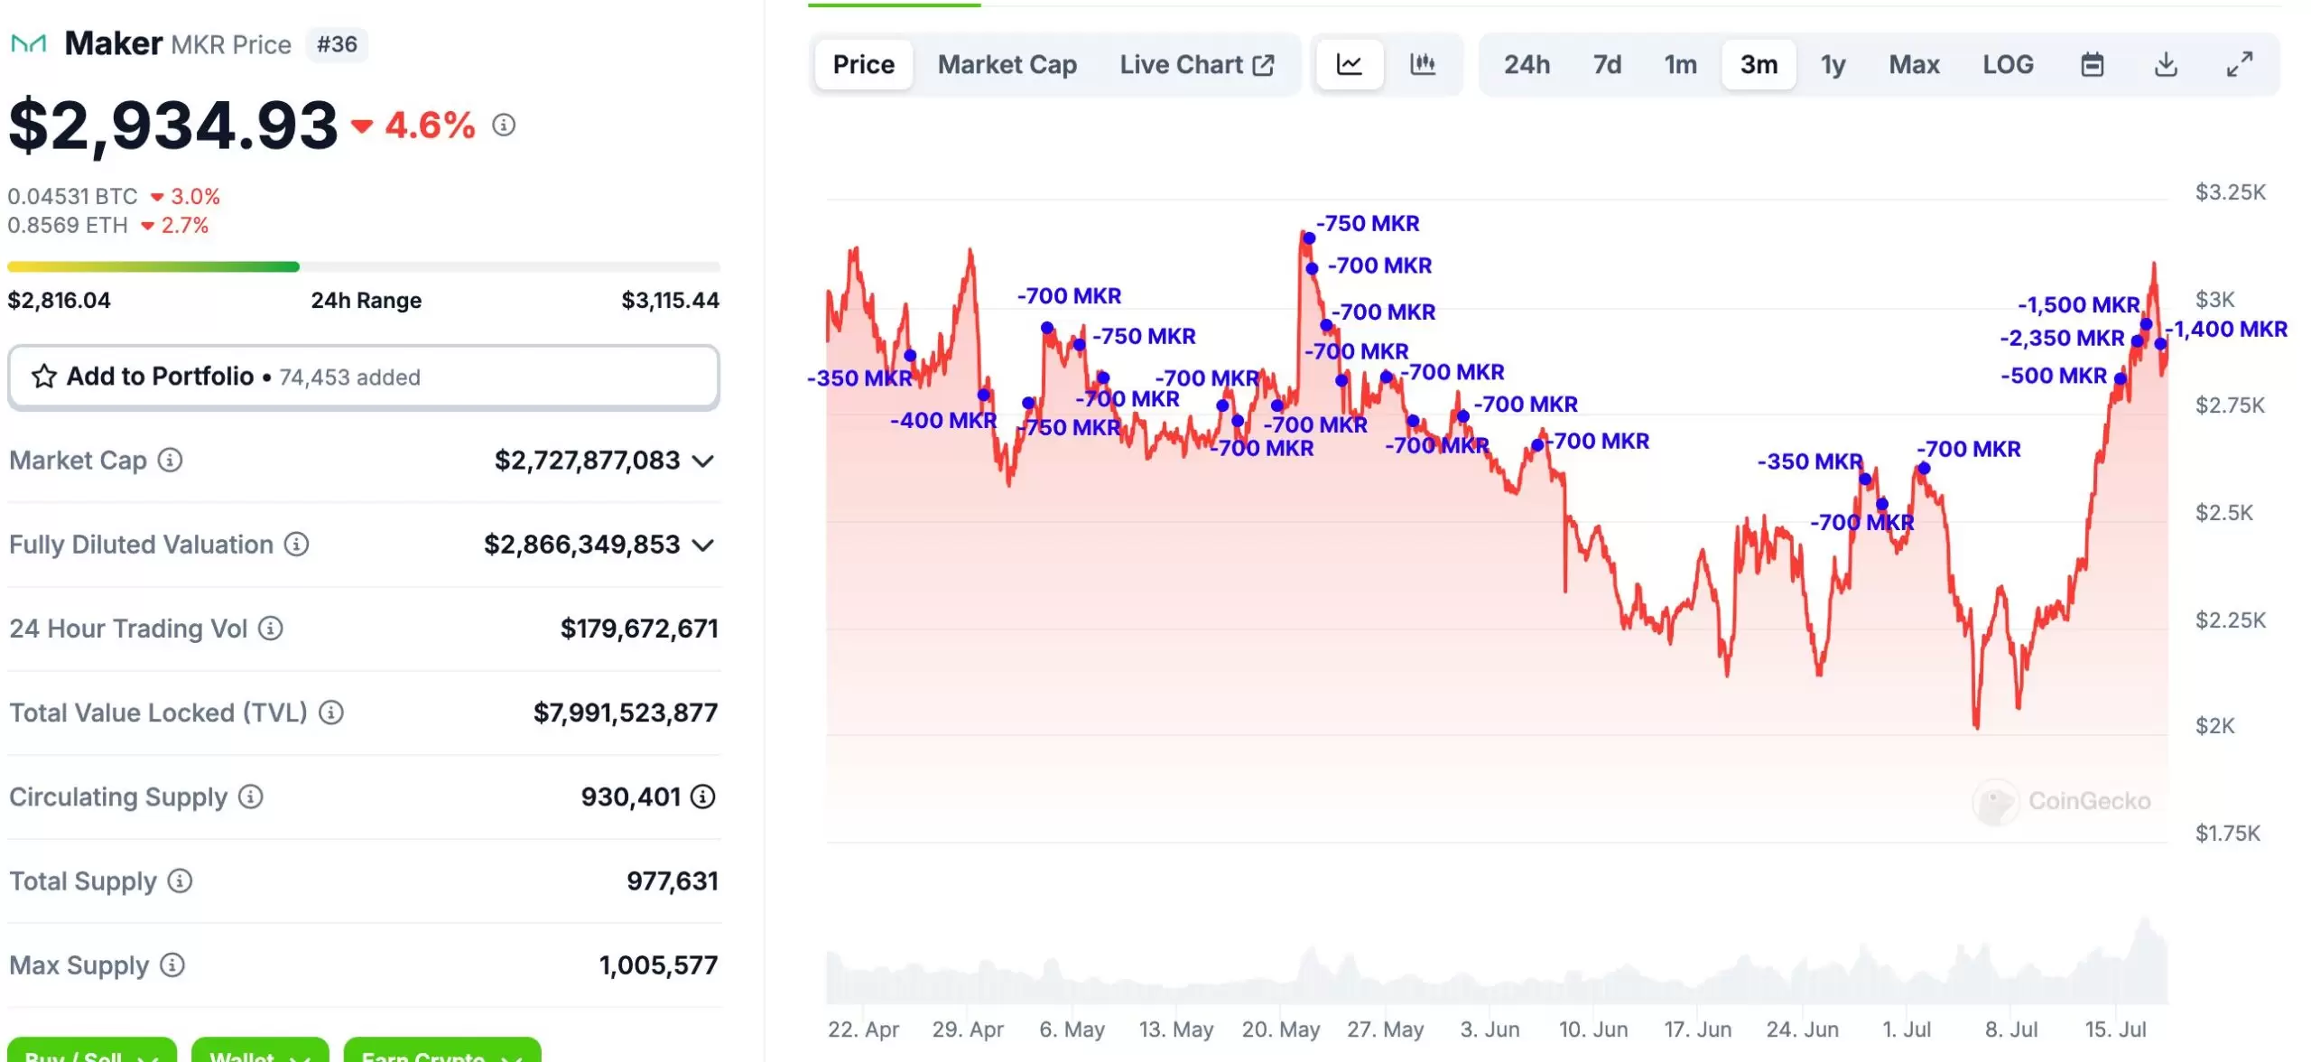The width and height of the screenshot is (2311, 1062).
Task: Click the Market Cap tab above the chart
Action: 1007,65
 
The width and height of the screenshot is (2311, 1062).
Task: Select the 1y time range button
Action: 1833,65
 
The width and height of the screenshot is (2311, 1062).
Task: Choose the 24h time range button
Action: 1527,65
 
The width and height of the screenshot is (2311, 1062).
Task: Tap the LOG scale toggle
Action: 2008,65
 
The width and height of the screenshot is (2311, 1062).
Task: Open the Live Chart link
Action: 1196,65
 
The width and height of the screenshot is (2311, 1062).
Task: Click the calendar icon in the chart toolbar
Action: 2092,65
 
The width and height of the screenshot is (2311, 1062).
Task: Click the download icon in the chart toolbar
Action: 2166,65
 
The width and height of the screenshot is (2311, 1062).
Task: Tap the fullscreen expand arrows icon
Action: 2239,65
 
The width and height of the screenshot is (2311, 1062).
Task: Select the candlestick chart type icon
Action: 1422,64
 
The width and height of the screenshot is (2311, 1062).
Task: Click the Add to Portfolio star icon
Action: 43,377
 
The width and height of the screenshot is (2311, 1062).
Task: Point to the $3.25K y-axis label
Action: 2230,192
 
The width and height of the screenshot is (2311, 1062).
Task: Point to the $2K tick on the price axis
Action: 2214,726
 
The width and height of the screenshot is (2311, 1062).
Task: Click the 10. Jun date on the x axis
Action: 1592,1029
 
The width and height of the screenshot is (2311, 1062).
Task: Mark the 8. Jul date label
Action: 2010,1029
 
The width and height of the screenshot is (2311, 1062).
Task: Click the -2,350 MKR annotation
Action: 2062,339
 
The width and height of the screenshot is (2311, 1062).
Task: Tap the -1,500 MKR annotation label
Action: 2078,305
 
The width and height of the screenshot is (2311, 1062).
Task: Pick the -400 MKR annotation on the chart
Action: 943,421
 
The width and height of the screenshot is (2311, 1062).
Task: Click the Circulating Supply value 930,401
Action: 630,797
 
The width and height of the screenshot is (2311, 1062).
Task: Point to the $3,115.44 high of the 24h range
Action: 670,301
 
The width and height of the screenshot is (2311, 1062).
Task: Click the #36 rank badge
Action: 337,44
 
